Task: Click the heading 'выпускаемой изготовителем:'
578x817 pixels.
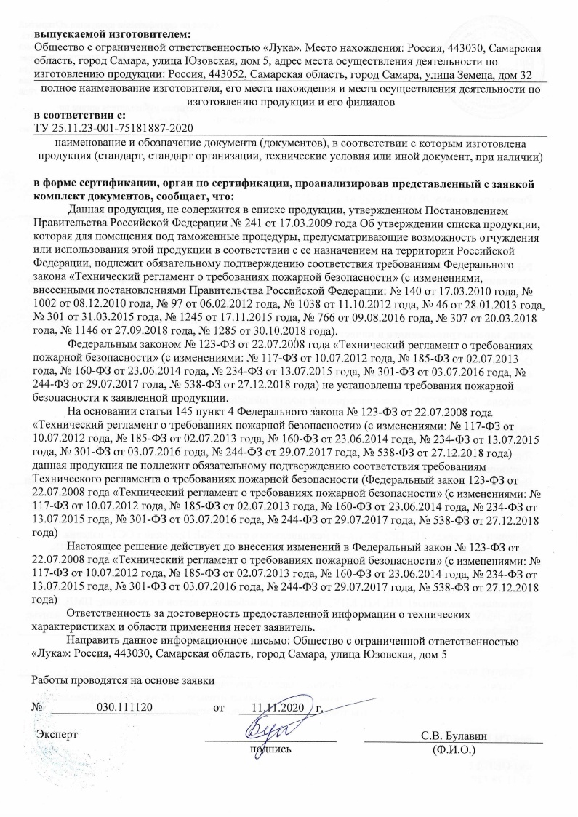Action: (x=111, y=33)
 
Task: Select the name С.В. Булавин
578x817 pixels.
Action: (x=452, y=733)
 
